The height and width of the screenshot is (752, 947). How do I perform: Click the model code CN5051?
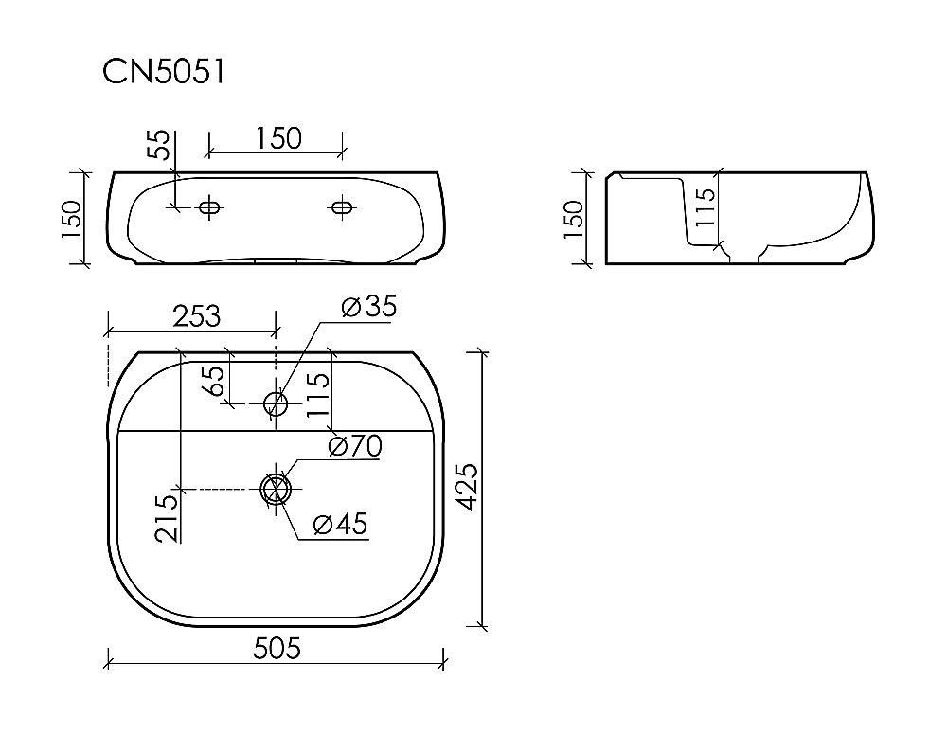[164, 72]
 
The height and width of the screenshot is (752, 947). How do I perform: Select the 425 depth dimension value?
[466, 487]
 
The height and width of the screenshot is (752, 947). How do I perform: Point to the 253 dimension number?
[197, 316]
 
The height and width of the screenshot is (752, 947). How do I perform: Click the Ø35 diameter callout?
[369, 306]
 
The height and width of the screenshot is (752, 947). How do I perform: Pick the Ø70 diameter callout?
[355, 446]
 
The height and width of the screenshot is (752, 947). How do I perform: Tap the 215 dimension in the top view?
[168, 518]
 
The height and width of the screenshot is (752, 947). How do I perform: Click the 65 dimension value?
[215, 381]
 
